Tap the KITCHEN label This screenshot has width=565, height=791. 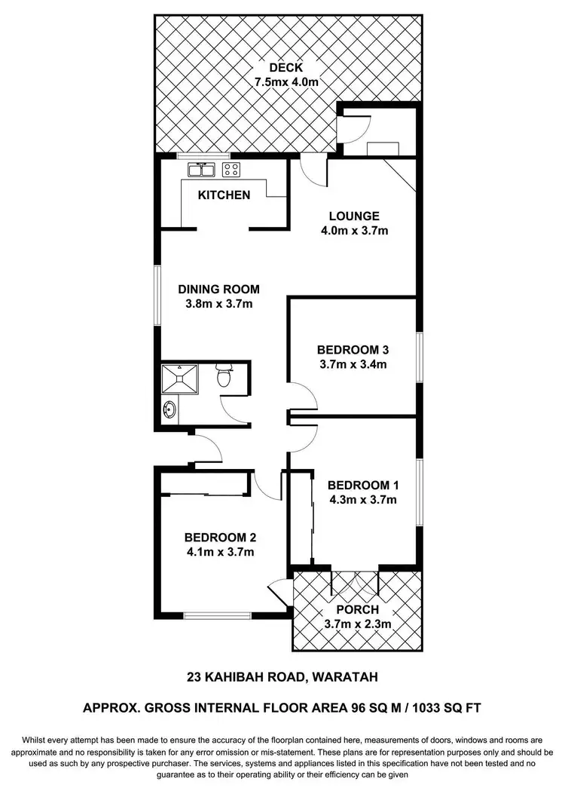[224, 195]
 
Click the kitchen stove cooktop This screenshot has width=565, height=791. [231, 169]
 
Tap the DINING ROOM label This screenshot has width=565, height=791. [218, 289]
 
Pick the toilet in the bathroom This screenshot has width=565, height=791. [224, 375]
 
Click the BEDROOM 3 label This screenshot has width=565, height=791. [353, 350]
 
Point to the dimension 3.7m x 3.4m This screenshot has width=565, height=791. [353, 365]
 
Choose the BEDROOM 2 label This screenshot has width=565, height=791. [220, 538]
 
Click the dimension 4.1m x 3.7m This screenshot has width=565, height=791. [220, 553]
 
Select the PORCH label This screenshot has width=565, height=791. [358, 609]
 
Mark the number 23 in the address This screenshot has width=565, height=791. [195, 677]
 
